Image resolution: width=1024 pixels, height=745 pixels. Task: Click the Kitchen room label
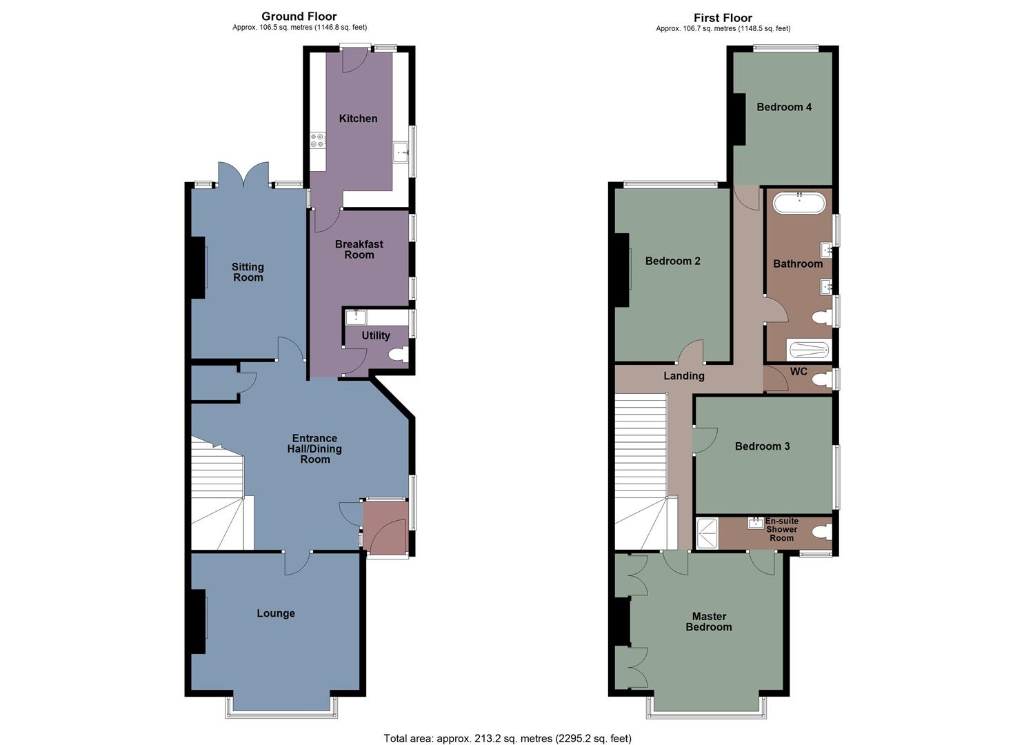[x=358, y=119]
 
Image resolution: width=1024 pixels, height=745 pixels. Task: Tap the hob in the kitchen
[x=318, y=140]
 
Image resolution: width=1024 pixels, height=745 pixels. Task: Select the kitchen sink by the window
[x=401, y=152]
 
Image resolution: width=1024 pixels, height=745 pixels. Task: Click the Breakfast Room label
[x=359, y=249]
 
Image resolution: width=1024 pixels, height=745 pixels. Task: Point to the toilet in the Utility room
[x=398, y=355]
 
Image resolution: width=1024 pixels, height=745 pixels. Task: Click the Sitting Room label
[x=248, y=272]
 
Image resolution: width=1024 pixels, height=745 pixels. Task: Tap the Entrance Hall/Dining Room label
[x=314, y=448]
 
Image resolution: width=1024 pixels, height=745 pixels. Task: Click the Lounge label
[x=276, y=613]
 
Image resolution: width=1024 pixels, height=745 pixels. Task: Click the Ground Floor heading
[x=299, y=16]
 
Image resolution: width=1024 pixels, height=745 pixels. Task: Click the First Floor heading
[x=723, y=18]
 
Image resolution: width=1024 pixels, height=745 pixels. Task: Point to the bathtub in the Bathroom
[x=799, y=203]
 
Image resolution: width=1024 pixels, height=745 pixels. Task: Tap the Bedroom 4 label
[x=784, y=107]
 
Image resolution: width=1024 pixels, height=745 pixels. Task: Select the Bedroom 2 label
[x=672, y=261]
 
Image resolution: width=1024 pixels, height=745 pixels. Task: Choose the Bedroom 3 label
[x=762, y=446]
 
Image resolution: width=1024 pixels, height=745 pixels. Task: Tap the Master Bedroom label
[x=709, y=622]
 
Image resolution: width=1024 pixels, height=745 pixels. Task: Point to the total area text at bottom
[x=508, y=738]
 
